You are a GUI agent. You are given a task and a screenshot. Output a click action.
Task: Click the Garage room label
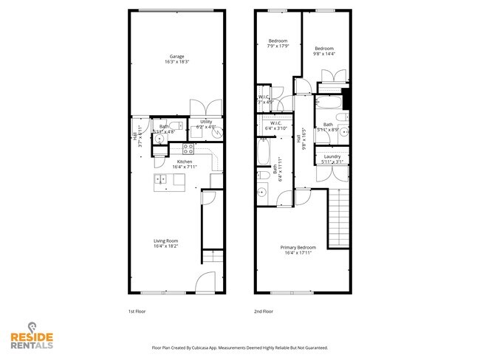176,59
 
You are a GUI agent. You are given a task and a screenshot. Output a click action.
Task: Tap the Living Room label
165,243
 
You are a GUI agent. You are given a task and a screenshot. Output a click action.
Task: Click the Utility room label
206,124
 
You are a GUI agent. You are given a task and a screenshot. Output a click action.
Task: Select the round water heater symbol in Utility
196,136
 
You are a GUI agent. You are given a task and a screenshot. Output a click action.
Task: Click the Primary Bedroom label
298,250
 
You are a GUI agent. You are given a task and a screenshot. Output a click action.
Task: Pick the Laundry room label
332,158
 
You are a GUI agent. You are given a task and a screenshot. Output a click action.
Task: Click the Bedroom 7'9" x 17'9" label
278,44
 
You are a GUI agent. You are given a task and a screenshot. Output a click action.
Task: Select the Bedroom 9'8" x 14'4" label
325,51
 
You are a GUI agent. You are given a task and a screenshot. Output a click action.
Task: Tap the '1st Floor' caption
137,311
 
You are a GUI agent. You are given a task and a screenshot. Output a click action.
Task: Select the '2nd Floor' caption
264,311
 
